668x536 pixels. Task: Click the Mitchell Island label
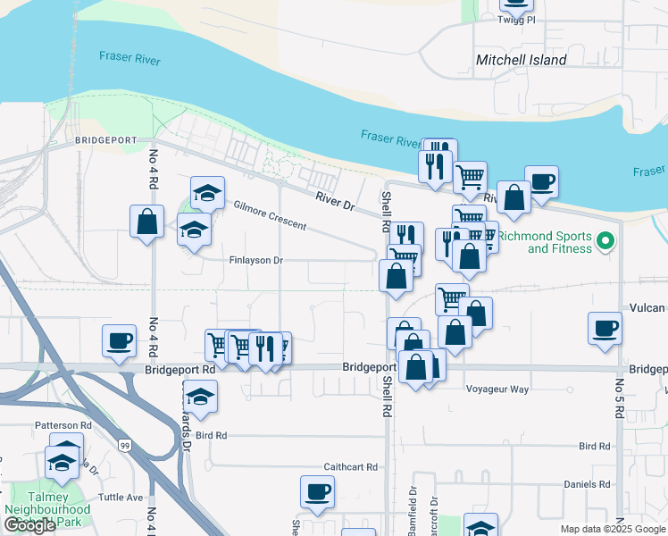coord(522,60)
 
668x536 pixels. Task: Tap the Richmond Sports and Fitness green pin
coord(604,241)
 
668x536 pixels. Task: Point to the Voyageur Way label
coord(497,389)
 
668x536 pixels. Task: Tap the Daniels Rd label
coord(587,483)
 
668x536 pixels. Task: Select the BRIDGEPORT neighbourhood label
coord(105,140)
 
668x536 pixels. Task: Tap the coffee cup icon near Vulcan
coord(605,327)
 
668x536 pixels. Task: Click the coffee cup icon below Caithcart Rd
coord(316,490)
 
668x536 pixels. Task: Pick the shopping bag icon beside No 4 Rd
coord(146,221)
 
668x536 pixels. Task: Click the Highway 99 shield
coord(126,445)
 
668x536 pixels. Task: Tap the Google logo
coord(29,526)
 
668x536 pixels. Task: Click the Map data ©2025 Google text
coord(613,529)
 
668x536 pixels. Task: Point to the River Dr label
coord(335,202)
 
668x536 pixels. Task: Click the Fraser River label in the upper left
coord(130,57)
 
